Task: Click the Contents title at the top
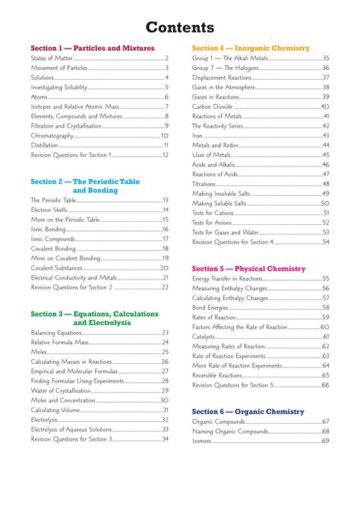click(180, 28)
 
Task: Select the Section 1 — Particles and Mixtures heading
click(93, 48)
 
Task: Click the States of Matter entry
click(50, 58)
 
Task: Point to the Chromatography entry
click(52, 135)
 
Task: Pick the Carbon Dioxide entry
click(213, 106)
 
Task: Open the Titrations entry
click(204, 184)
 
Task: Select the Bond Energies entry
click(210, 308)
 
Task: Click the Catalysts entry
click(204, 337)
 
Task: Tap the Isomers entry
click(202, 441)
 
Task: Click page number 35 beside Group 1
click(325, 58)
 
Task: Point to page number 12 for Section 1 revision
click(165, 155)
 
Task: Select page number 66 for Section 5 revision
click(325, 385)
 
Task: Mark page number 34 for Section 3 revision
click(165, 439)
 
